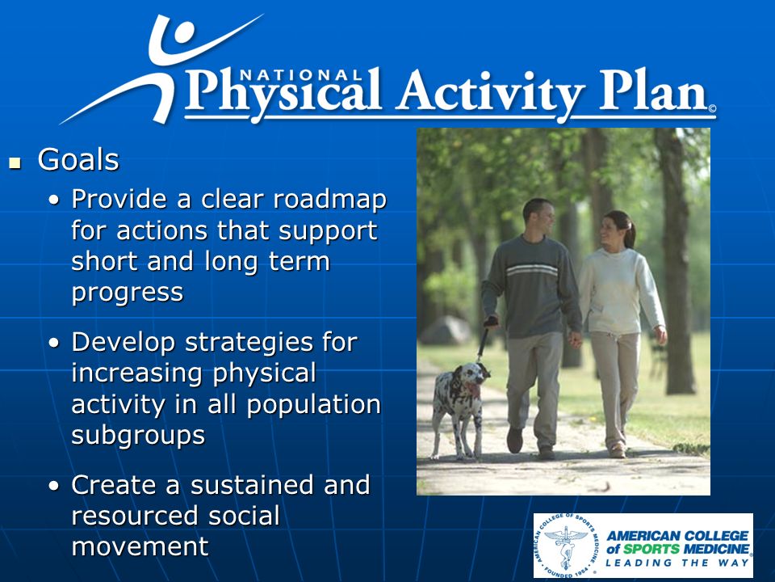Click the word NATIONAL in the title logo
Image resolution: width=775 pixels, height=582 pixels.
click(x=301, y=75)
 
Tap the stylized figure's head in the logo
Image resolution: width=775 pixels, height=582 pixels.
click(x=183, y=34)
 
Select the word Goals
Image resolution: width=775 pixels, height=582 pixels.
click(x=78, y=160)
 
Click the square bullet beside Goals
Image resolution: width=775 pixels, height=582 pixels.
click(x=15, y=162)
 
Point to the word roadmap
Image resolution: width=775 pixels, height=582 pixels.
click(x=329, y=199)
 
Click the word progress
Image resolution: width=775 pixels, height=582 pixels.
click(x=128, y=292)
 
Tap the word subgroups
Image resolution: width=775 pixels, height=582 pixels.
click(x=138, y=435)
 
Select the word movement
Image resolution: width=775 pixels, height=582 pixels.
click(x=140, y=547)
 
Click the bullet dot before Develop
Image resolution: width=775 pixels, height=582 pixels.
click(x=54, y=343)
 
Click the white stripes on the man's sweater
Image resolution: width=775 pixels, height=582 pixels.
click(x=532, y=270)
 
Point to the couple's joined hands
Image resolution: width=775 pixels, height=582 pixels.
click(x=575, y=339)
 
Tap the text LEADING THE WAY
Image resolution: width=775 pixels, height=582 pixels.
click(x=677, y=563)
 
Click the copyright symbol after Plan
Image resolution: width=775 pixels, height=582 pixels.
click(x=712, y=108)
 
